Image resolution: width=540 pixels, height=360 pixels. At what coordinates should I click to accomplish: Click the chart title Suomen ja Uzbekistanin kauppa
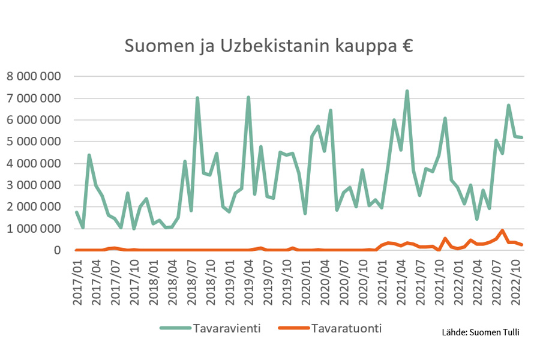click(268, 46)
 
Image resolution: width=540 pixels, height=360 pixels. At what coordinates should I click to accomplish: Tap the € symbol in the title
click(407, 46)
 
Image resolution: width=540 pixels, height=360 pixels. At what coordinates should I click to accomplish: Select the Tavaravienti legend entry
click(209, 328)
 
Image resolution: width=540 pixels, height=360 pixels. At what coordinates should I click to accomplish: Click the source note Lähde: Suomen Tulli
click(480, 332)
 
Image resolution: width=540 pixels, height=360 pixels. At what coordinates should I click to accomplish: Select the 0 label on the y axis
click(58, 250)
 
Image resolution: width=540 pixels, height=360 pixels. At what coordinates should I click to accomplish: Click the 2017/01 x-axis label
click(77, 283)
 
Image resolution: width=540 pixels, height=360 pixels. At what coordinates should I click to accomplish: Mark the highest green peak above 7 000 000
click(407, 91)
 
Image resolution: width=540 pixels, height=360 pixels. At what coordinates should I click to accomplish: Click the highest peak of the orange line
click(502, 230)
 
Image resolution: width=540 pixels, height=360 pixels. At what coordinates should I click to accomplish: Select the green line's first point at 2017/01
click(77, 212)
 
